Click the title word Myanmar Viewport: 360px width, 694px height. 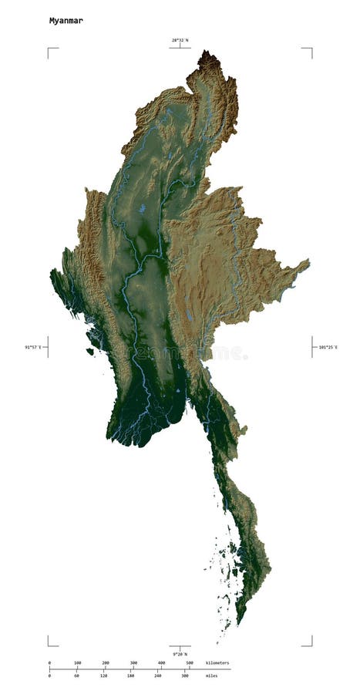[66, 21]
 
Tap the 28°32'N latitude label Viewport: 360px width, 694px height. [180, 39]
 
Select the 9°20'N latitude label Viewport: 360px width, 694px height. [180, 654]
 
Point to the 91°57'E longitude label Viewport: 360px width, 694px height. [35, 348]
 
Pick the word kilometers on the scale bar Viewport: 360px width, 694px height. [217, 663]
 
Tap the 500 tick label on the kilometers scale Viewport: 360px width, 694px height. [189, 663]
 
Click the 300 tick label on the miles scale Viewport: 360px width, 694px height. [185, 675]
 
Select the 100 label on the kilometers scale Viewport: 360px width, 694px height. [77, 663]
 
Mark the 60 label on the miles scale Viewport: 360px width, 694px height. [76, 675]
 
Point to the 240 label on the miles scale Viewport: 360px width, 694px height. [157, 675]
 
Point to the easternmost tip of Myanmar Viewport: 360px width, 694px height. [308, 261]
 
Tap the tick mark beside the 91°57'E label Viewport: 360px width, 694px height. [48, 347]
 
